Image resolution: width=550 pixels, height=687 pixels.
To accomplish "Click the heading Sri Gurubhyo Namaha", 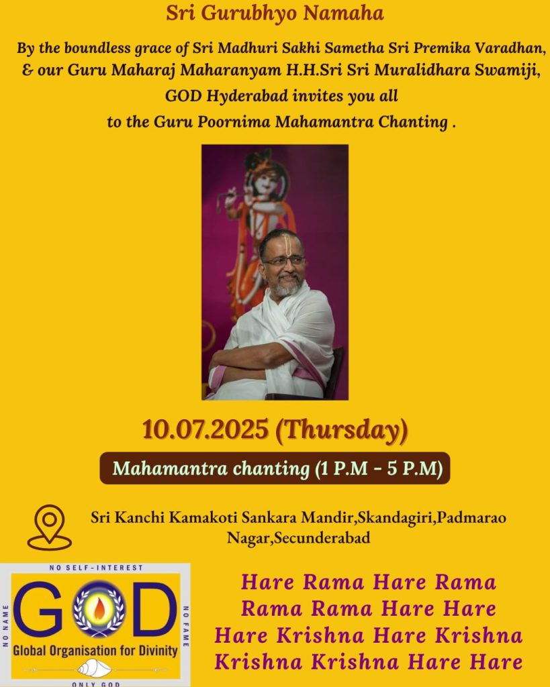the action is point(275,13).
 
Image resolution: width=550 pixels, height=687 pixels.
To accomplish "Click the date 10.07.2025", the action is point(205,429).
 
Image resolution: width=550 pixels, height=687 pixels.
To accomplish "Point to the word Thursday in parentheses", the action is point(342,430).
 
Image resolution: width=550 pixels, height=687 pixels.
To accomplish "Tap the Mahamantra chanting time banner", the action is point(275,468).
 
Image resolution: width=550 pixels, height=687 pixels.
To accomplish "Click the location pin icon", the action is point(50,527).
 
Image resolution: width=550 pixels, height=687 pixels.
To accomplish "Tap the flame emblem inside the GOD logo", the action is point(99,609).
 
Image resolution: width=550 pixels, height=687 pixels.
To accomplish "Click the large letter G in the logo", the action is point(38,609).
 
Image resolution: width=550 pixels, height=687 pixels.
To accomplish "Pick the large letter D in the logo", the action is point(154,609).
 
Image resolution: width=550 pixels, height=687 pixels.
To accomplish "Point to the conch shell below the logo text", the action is point(94,669).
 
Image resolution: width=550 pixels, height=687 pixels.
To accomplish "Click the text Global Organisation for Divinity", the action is point(95,650).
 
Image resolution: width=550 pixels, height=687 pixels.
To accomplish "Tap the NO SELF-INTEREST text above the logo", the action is point(97,568).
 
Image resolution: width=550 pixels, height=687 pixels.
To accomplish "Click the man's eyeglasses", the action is point(284,262).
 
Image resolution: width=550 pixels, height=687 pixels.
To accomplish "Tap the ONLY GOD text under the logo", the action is point(96,684).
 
